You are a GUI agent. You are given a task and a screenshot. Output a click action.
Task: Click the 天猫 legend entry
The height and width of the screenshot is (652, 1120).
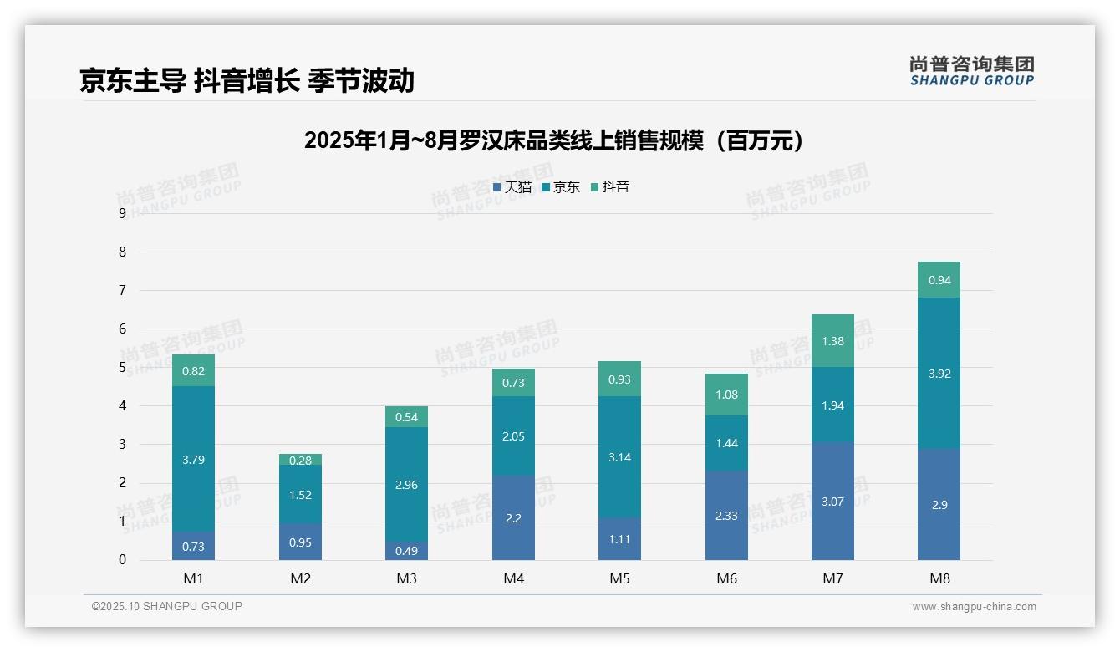coord(512,187)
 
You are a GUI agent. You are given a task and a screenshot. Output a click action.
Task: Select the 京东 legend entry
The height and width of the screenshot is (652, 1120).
coord(561,187)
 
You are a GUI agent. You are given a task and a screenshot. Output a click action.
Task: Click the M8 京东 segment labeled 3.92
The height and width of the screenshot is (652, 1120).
coord(939,374)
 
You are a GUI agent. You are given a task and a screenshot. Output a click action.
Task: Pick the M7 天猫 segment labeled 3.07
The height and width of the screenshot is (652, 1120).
coord(832,502)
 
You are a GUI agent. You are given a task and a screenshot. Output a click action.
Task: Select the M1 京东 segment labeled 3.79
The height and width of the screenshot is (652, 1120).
coord(193,459)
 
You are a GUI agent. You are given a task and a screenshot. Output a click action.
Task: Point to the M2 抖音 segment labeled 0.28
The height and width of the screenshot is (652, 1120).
coord(300,460)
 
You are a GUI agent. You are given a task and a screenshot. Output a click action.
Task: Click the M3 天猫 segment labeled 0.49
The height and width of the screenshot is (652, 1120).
coord(406,551)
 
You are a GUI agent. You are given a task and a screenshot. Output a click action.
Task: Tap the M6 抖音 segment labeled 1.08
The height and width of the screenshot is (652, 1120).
coord(726,395)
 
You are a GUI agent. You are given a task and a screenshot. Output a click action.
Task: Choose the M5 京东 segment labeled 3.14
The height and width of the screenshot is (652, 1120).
coord(619,457)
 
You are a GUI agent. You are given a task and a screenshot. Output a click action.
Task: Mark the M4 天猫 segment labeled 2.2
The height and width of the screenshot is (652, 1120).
coord(513,518)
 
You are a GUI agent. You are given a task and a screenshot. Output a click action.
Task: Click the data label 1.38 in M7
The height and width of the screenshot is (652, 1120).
coord(832,341)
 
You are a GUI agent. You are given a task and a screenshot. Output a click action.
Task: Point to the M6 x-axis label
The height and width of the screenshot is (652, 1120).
coord(726,578)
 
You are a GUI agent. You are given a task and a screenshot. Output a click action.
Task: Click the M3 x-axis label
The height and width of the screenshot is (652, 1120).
coord(406,578)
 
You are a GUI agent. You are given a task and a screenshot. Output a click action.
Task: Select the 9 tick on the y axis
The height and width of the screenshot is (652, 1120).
coord(122,213)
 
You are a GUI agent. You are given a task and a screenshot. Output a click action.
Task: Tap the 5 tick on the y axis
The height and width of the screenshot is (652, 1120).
coord(122,367)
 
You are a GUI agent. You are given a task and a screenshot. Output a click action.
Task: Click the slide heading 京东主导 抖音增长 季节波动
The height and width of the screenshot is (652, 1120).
coord(247,80)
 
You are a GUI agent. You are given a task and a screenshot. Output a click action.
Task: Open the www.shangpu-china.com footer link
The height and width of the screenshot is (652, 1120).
coord(974,607)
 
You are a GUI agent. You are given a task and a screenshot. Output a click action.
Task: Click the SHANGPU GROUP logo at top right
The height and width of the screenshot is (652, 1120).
coord(971,71)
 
